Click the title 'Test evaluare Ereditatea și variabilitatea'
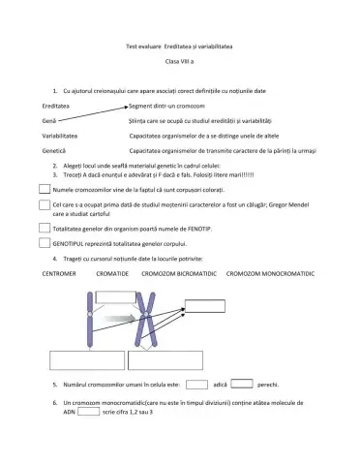[x=180, y=46]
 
